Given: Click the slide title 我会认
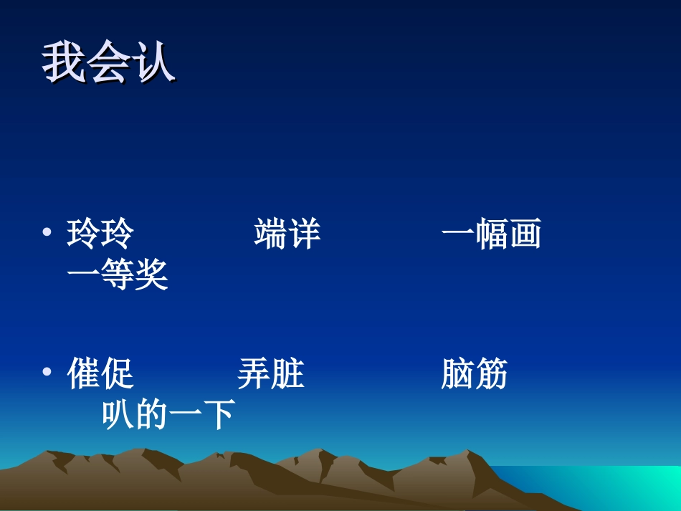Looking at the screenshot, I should pyautogui.click(x=108, y=64).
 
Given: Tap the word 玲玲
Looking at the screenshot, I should pyautogui.click(x=100, y=235).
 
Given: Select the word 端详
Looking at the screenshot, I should pyautogui.click(x=287, y=235).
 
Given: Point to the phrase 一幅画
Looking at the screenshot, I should pyautogui.click(x=491, y=235).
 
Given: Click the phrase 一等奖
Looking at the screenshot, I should pyautogui.click(x=118, y=274).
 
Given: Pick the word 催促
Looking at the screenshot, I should pyautogui.click(x=100, y=375).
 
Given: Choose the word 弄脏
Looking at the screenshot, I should pyautogui.click(x=270, y=375).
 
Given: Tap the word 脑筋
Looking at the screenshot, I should pyautogui.click(x=474, y=375).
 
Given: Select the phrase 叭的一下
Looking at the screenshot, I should pyautogui.click(x=168, y=414).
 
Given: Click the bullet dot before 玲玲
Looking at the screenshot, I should pyautogui.click(x=47, y=234).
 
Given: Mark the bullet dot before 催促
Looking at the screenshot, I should pyautogui.click(x=47, y=373).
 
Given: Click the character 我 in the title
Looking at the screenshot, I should pyautogui.click(x=64, y=64).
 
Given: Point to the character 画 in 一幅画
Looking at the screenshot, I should pyautogui.click(x=525, y=235).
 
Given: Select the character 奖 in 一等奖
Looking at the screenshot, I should pyautogui.click(x=151, y=274).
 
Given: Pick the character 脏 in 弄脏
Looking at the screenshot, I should pyautogui.click(x=287, y=375).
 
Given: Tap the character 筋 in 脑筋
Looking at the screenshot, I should pyautogui.click(x=491, y=375).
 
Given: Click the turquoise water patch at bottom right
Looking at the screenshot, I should pyautogui.click(x=631, y=484).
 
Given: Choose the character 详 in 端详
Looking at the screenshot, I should pyautogui.click(x=304, y=235).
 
